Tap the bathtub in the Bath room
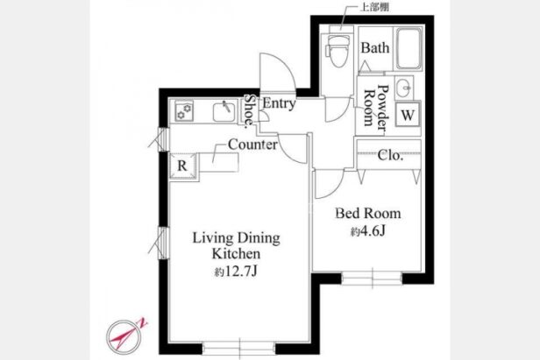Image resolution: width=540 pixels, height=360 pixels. pos(409,49)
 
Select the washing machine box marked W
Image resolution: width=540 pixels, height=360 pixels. pos(408,114)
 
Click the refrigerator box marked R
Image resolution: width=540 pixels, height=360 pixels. pos(182,166)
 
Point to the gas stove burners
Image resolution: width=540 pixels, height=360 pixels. pos(184,111)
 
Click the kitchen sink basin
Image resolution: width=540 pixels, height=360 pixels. pos(224,112)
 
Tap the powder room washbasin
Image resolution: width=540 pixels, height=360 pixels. pos(403,88)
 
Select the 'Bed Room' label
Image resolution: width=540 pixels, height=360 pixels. pos(368,214)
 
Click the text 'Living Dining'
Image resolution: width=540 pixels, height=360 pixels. pos(237,238)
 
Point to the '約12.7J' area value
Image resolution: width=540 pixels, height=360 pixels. pos(236,272)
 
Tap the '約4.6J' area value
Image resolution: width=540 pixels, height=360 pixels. pos(367,231)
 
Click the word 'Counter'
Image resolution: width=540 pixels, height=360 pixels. pos(252,145)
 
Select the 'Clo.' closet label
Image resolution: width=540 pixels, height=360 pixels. pos(390,155)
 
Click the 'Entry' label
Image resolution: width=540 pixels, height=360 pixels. pos(279,102)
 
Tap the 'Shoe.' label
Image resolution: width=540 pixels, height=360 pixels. pos(249,111)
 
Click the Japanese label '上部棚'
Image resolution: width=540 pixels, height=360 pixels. pos(374,7)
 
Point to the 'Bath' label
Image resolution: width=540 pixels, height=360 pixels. pos(375,47)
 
